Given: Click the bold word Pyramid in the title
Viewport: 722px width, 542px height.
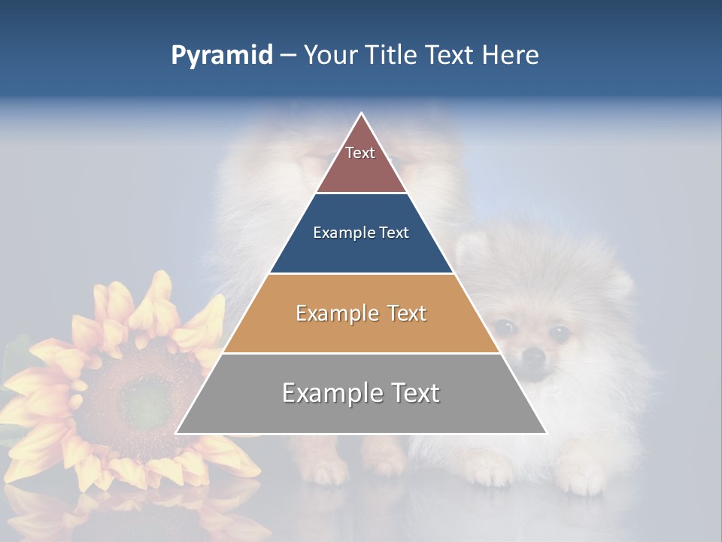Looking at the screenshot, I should pos(221,56).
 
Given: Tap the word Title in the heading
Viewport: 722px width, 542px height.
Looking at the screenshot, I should pos(393,55).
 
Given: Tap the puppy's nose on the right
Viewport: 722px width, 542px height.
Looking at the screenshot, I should pos(533,354).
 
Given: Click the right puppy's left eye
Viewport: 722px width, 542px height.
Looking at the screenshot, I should pos(504,327).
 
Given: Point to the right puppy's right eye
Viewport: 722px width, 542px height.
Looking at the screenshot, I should pos(559,331).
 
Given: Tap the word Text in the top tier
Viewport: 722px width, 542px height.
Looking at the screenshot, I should pos(360,153).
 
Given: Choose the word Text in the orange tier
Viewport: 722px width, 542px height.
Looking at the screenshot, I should pos(404,313).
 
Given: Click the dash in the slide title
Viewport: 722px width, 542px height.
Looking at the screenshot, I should pos(288,56).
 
